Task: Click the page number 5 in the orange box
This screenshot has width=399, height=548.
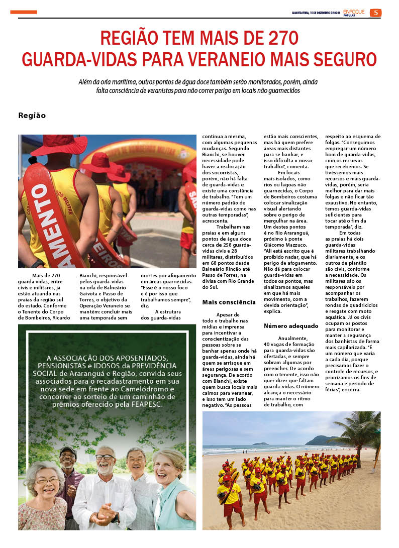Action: tap(375, 13)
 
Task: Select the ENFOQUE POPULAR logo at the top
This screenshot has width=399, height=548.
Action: tap(354, 13)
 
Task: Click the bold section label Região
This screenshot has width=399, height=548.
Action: tap(32, 116)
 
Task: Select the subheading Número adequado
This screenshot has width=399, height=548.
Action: tap(287, 326)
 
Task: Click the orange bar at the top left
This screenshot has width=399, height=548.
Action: tap(24, 12)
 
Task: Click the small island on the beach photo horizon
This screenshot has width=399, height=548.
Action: tap(260, 444)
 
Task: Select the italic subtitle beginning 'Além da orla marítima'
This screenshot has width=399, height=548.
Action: tap(199, 86)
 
